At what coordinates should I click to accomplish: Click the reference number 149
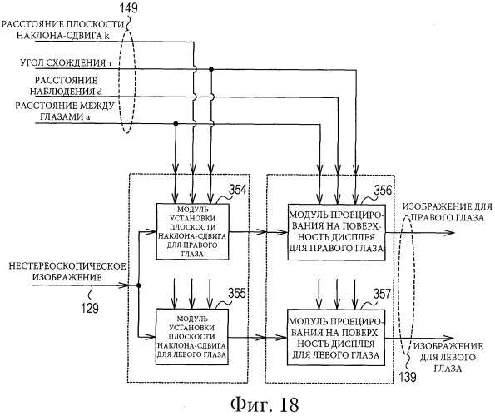click(x=129, y=7)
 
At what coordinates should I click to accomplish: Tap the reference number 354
click(x=237, y=190)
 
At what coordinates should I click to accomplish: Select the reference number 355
click(x=237, y=294)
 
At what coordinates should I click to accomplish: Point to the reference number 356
click(x=383, y=190)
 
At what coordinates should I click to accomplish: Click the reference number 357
click(x=382, y=294)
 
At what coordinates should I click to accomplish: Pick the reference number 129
click(x=90, y=308)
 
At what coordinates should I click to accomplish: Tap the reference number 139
click(x=408, y=377)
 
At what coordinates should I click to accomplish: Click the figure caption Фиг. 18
click(x=265, y=404)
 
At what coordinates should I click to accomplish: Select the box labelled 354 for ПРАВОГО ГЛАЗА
click(x=192, y=231)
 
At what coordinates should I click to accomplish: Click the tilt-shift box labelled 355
click(x=192, y=337)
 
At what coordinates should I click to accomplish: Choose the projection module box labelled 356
click(x=336, y=232)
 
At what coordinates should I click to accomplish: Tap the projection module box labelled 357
click(x=336, y=338)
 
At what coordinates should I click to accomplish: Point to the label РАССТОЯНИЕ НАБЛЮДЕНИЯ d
click(x=66, y=86)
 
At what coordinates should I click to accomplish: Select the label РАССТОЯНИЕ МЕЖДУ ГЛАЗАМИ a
click(x=65, y=111)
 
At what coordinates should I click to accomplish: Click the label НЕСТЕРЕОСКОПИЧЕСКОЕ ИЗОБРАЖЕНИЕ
click(x=67, y=272)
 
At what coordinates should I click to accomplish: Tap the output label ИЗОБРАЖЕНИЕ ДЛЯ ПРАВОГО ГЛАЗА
click(x=448, y=212)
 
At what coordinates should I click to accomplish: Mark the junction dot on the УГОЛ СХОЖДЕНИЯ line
click(x=211, y=69)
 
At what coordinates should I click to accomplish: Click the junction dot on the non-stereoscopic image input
click(x=138, y=285)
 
